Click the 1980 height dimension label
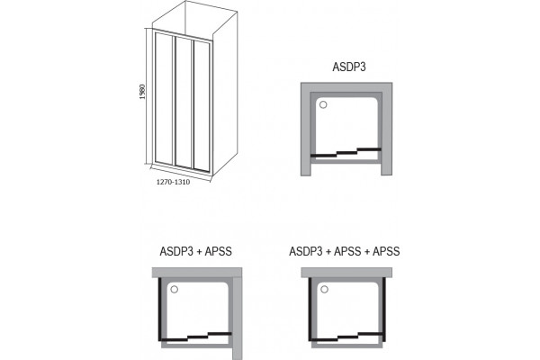coord(142,92)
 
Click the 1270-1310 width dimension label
coord(173,182)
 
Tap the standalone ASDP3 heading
coord(349,67)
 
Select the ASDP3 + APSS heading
coord(195,251)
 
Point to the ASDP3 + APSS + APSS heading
coord(345,251)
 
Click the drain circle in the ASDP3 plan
coord(323,104)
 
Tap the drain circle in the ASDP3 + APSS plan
coord(175,289)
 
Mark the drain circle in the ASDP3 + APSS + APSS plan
coord(324,289)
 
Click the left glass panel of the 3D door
coord(164,98)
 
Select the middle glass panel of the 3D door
coord(184,103)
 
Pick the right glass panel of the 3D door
coord(202,106)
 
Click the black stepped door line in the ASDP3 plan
coord(346,152)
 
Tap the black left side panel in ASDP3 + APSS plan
coord(160,309)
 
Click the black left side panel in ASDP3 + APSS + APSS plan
coord(310,309)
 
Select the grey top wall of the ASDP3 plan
coord(346,87)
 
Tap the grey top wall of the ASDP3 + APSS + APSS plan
coord(346,273)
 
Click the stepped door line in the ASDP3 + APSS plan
coord(195,337)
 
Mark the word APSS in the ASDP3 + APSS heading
coord(219,251)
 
